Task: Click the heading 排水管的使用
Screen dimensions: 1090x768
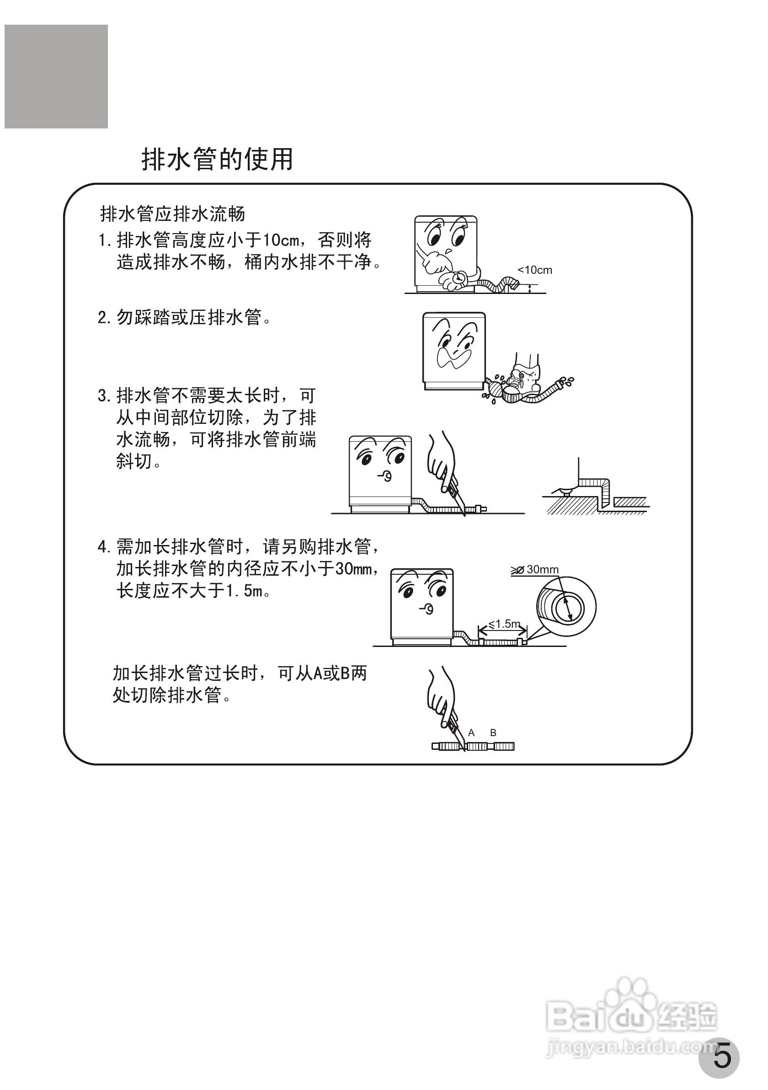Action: tap(218, 160)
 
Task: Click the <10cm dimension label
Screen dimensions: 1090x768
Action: tap(535, 270)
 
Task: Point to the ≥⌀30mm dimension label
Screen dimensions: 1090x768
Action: tap(535, 569)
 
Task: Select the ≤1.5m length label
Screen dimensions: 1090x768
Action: tap(504, 624)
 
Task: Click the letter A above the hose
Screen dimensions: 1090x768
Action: tap(471, 732)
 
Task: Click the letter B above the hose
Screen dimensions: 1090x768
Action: tap(493, 732)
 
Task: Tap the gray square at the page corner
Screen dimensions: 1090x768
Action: tap(56, 76)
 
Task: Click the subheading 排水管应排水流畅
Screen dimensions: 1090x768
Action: tap(173, 214)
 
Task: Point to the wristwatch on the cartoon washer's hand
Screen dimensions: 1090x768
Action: tap(459, 278)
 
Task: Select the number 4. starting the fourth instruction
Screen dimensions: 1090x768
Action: tap(104, 547)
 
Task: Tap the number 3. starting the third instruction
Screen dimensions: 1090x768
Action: tap(104, 395)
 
